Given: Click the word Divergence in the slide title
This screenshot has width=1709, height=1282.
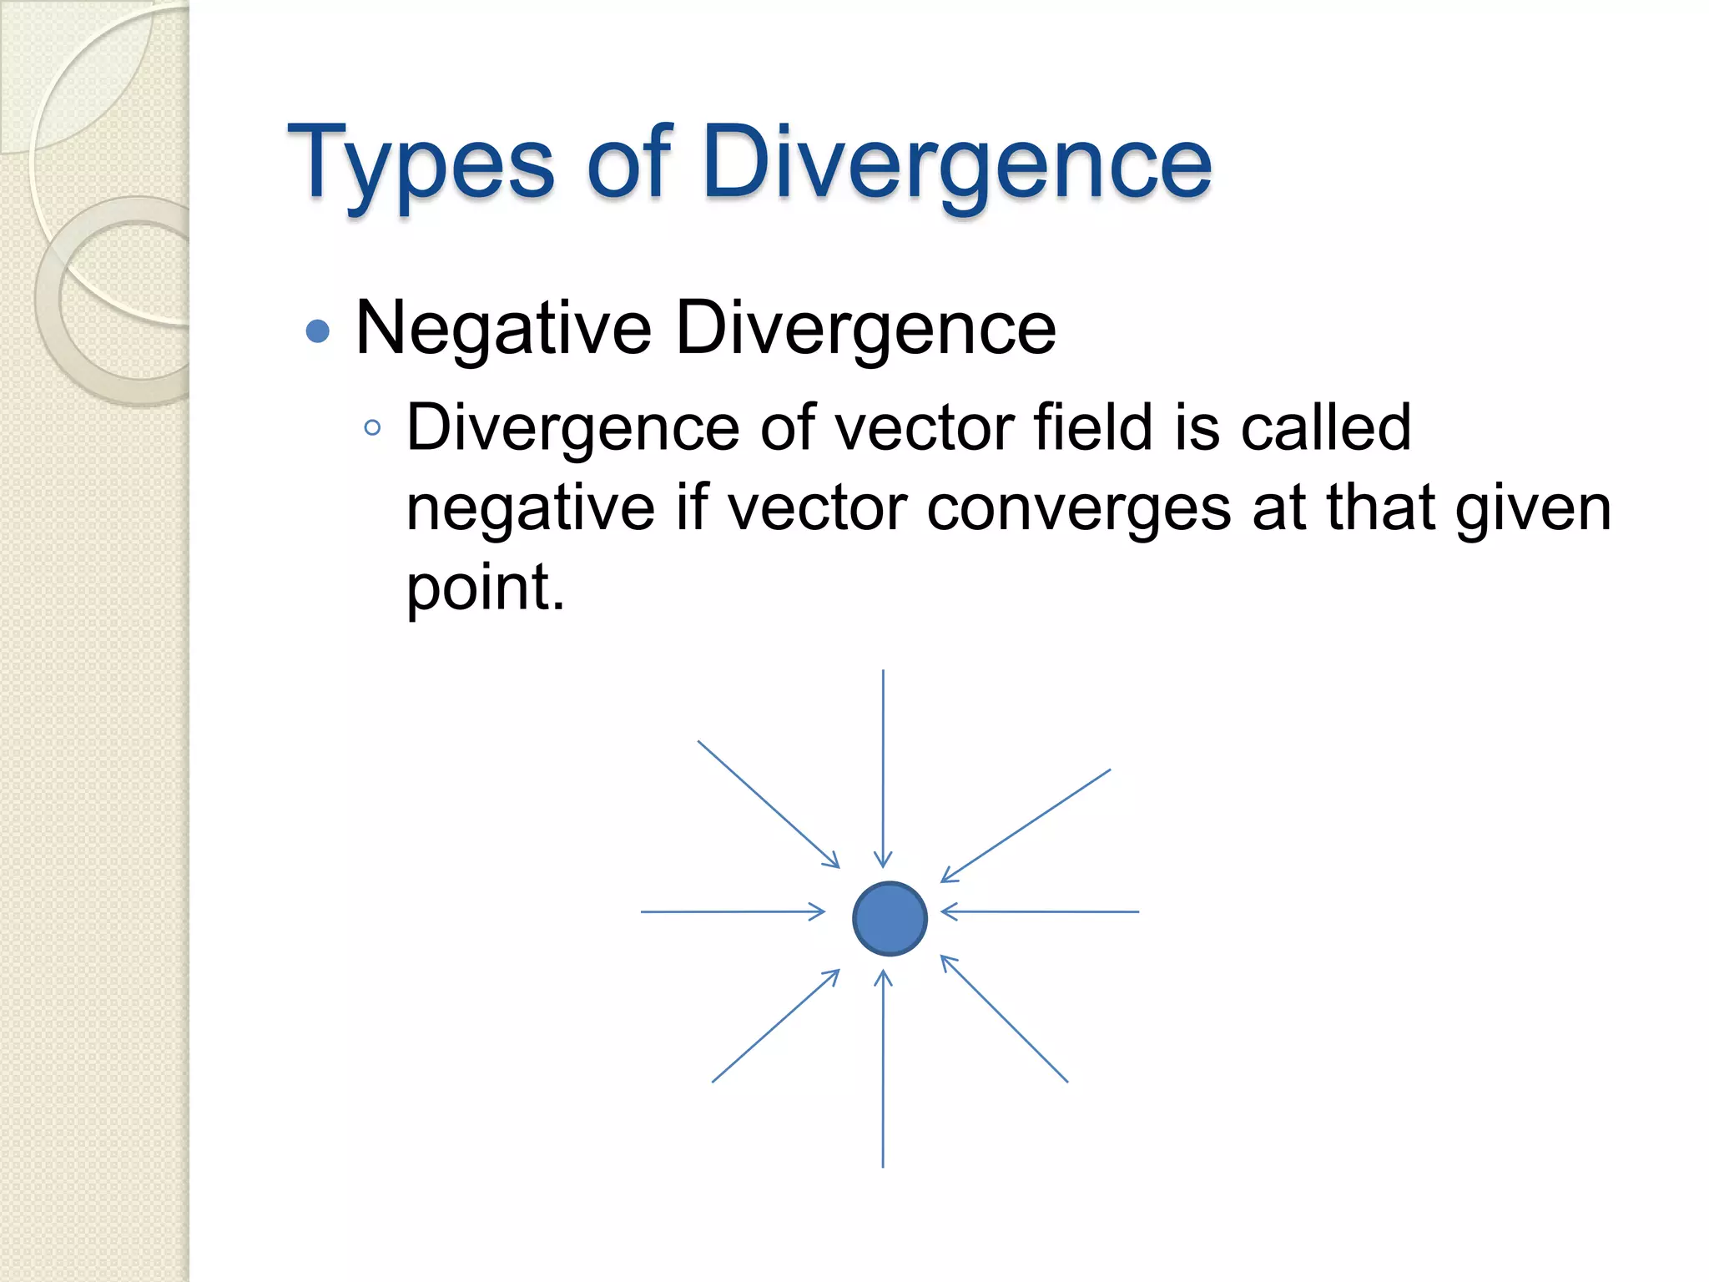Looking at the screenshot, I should pos(956,163).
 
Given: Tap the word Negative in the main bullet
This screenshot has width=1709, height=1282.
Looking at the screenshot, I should pos(502,328).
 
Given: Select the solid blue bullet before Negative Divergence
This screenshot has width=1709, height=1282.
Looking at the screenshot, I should pos(318,331).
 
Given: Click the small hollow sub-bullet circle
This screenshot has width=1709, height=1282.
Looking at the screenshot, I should pos(372,429).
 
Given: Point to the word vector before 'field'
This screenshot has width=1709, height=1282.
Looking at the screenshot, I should pos(923,427).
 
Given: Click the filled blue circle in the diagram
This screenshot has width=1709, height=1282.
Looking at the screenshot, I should pos(890,918).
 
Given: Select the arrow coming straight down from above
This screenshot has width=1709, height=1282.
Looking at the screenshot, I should pos(883,768).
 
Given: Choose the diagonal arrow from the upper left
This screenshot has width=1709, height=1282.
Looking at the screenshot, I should pos(768,804).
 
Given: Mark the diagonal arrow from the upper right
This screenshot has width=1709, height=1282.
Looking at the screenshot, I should pos(1026,825).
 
